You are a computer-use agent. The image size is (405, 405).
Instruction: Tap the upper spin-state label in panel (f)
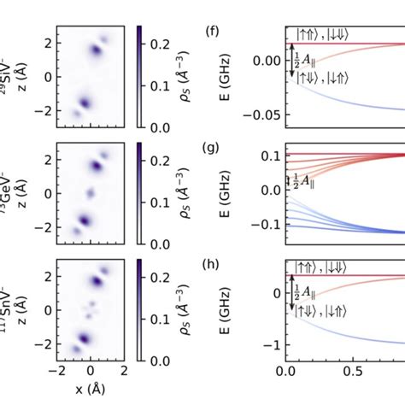coord(320,33)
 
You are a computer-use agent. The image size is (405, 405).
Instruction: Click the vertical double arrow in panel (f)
coord(292,62)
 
